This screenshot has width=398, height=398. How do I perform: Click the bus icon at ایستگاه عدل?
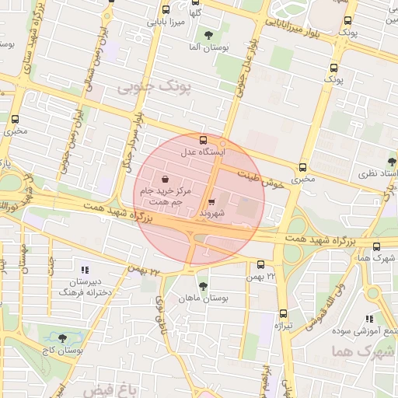pos(204,141)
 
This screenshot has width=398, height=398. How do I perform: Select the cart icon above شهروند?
pos(212,201)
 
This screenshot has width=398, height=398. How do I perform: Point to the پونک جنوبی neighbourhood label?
pos(153,87)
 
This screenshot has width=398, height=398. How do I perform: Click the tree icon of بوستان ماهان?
pos(203,287)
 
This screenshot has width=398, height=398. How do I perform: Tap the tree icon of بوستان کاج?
pos(62,339)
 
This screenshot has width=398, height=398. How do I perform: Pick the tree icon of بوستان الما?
pos(208,35)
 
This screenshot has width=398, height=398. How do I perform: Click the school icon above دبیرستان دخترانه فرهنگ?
pos(85,269)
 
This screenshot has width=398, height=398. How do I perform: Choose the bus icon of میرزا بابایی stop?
pos(165,10)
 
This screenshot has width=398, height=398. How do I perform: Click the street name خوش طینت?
pos(258,176)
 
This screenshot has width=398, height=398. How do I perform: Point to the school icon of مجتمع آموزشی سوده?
pos(370,319)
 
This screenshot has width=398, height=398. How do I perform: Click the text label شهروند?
pos(211,212)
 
